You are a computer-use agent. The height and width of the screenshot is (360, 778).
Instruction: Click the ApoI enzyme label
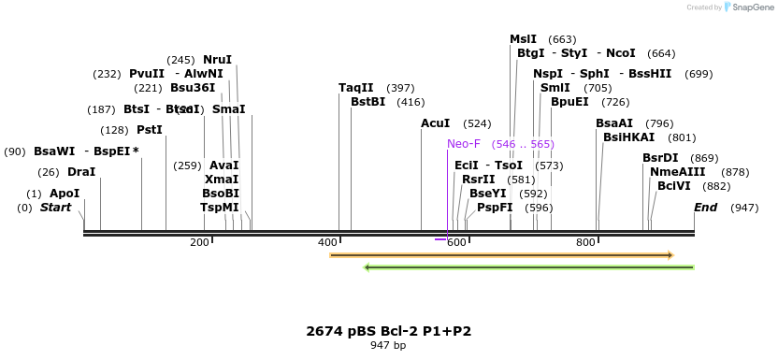tap(65, 194)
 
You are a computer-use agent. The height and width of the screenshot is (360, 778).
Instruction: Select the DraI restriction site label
tap(81, 172)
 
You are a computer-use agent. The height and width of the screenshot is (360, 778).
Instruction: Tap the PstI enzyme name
tap(150, 130)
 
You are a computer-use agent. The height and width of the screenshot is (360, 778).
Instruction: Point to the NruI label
tap(217, 60)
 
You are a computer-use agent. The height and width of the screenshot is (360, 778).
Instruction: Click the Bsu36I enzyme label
tap(193, 88)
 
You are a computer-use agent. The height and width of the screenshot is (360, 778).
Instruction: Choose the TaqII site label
tap(355, 88)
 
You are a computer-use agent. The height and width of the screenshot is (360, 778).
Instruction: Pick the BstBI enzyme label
tap(367, 102)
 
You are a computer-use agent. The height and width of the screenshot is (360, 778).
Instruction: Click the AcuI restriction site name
tap(436, 123)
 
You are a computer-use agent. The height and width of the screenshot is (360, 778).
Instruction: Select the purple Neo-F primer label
tap(464, 144)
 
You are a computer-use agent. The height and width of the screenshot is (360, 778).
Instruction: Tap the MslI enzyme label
tap(523, 39)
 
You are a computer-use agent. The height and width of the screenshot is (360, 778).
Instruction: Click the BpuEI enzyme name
tap(569, 102)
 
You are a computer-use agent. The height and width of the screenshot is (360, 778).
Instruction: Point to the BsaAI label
tap(614, 123)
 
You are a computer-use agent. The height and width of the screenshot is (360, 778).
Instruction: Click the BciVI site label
tap(674, 186)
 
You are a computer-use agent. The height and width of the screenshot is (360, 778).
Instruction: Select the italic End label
tap(705, 208)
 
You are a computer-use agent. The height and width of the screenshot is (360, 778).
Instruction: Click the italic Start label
tap(55, 208)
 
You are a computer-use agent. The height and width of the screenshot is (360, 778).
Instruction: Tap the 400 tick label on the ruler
tap(327, 243)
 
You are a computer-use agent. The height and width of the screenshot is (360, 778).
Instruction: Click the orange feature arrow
tap(501, 254)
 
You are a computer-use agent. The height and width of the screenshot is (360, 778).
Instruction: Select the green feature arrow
tap(528, 267)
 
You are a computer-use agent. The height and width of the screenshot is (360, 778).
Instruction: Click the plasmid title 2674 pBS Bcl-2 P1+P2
tap(388, 331)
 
